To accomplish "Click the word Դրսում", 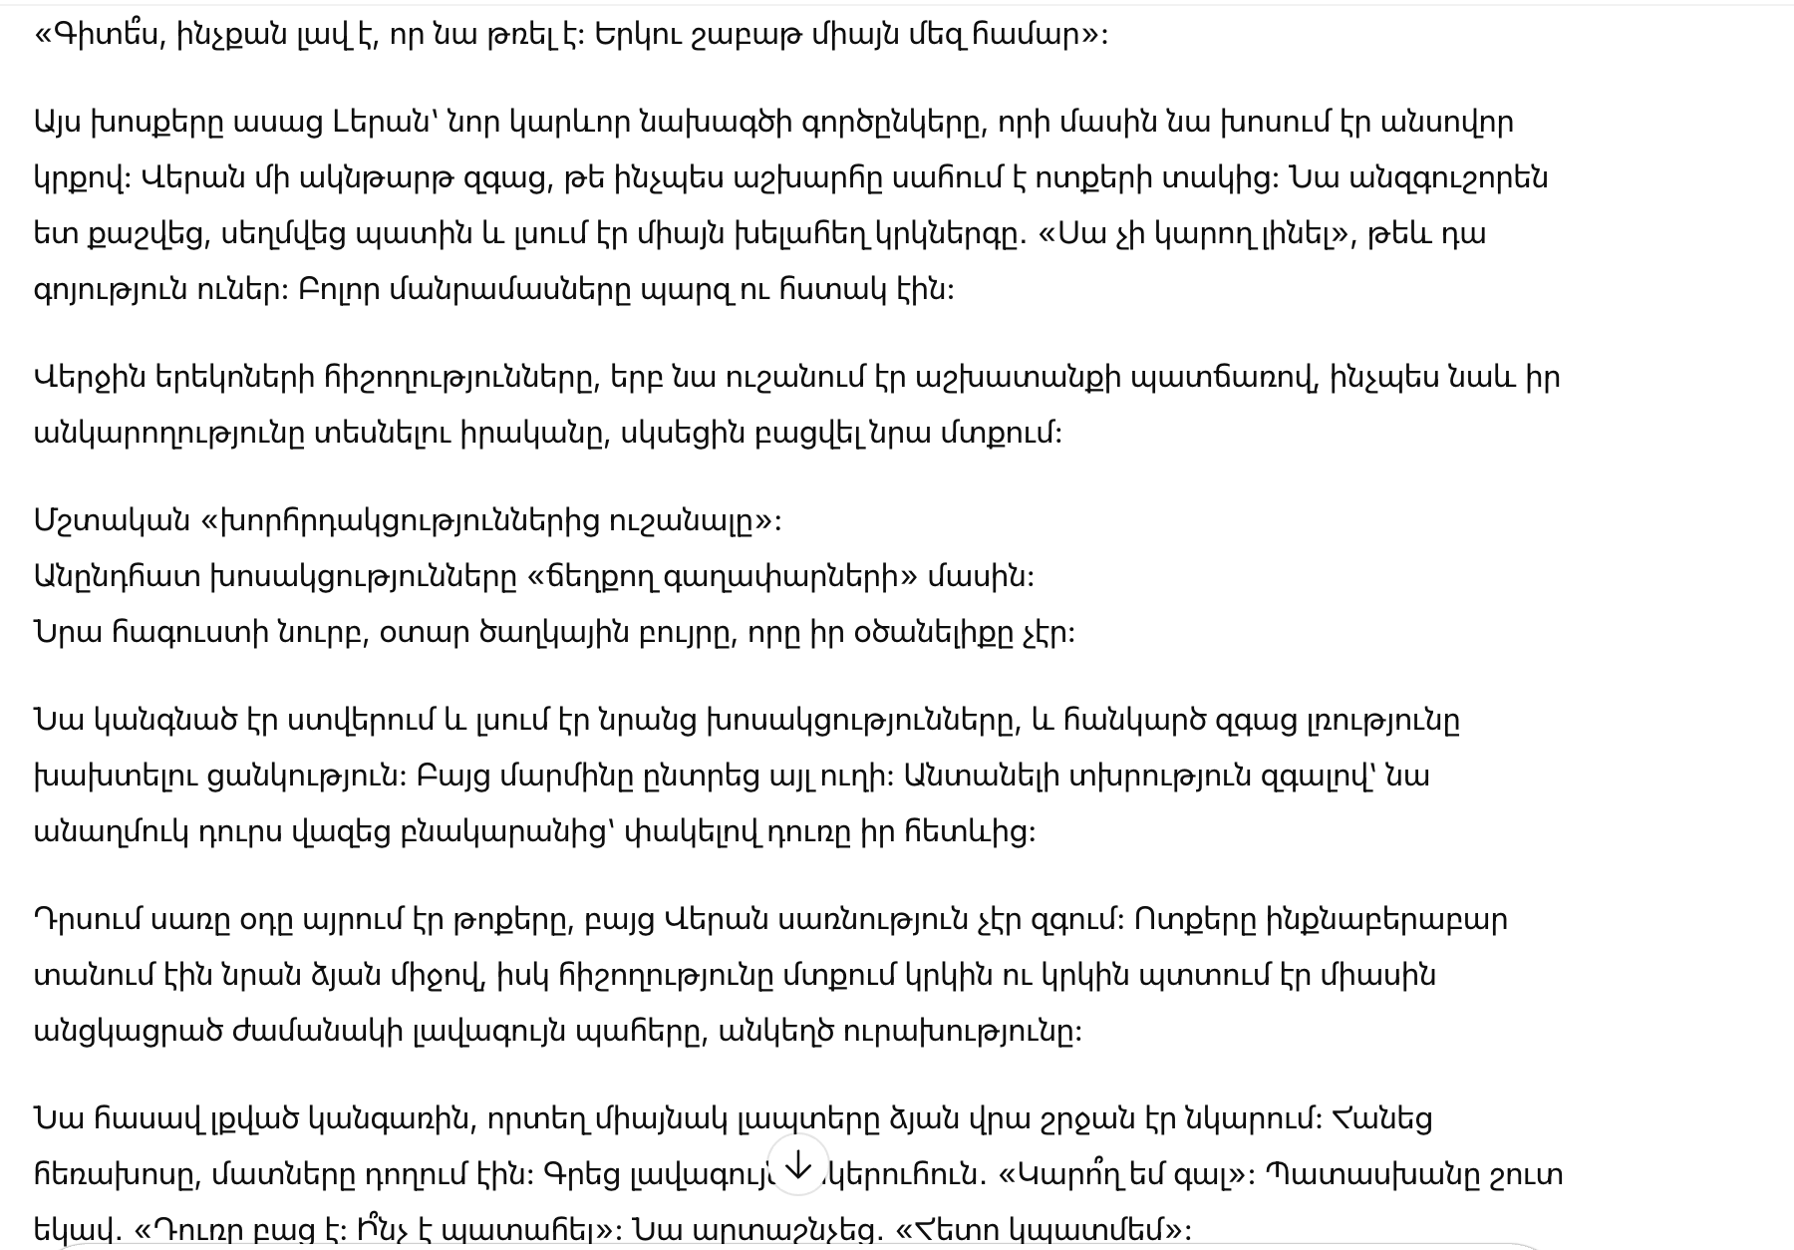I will [x=86, y=919].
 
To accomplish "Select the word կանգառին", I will [x=394, y=1118].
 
